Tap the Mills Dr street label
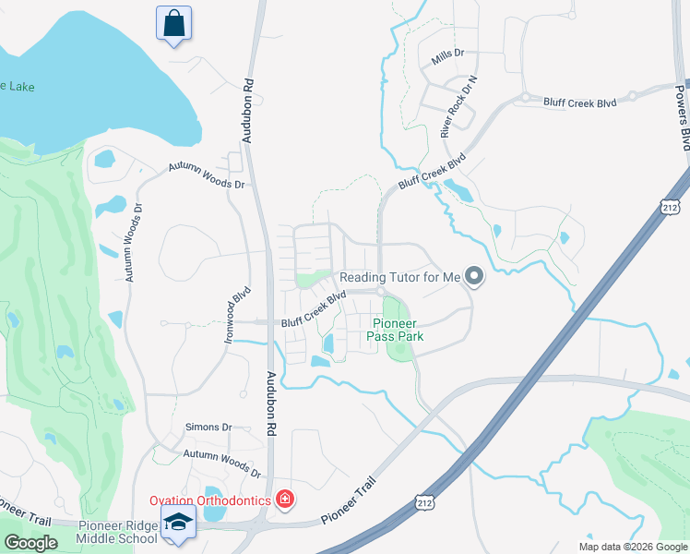pos(447,57)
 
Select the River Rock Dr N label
pos(460,107)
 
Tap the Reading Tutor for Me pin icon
pos(474,276)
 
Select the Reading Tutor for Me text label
pos(399,277)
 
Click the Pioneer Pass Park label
pos(398,330)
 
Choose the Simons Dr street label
pos(208,427)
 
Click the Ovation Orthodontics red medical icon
pos(285,500)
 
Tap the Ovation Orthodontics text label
pos(210,500)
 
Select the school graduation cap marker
pos(178,522)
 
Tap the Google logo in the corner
pos(30,543)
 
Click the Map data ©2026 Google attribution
pos(633,547)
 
